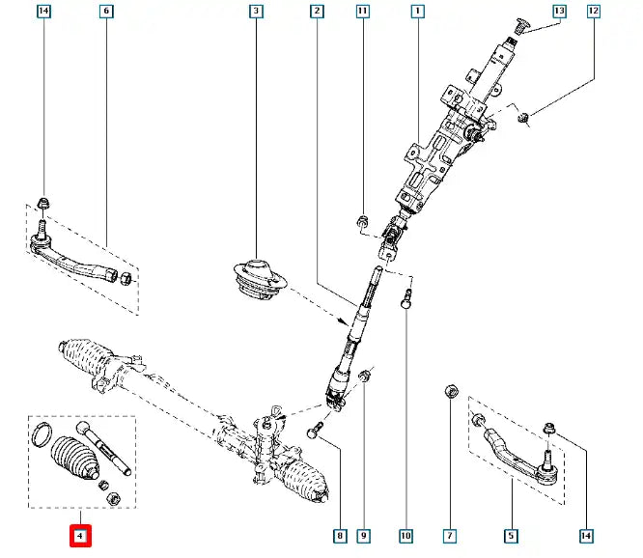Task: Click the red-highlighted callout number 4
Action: point(80,535)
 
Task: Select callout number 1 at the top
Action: point(417,12)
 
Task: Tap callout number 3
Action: point(256,12)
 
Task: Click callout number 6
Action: point(106,12)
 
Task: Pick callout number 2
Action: point(317,12)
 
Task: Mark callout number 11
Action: point(362,12)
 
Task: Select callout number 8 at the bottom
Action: point(340,535)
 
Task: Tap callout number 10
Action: point(406,535)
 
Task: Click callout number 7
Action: point(450,535)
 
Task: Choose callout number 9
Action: point(363,535)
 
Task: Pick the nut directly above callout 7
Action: point(450,392)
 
